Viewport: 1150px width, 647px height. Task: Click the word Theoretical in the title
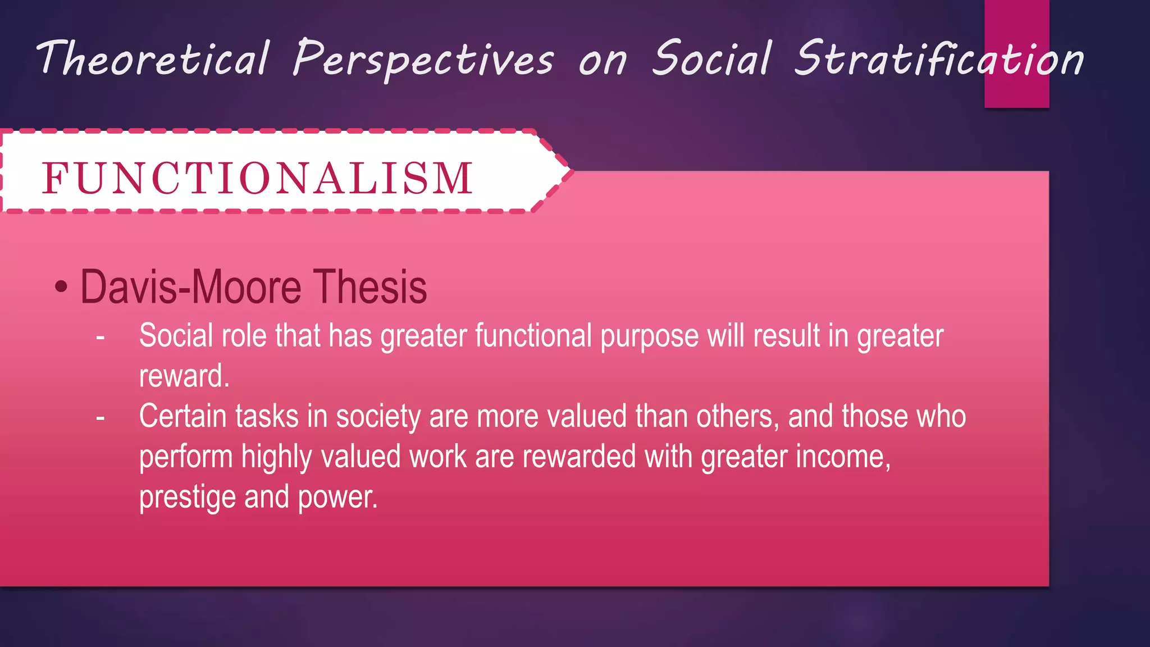(x=153, y=59)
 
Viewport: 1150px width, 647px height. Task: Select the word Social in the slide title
(x=711, y=58)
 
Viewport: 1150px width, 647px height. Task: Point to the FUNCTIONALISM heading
(x=257, y=179)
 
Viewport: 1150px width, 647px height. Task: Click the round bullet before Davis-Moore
(x=61, y=288)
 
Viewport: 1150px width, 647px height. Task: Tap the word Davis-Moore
(x=191, y=288)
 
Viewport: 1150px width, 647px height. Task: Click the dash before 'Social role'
(x=101, y=338)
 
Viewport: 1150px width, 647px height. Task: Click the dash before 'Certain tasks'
(x=101, y=418)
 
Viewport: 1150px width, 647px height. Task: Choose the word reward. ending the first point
(x=184, y=377)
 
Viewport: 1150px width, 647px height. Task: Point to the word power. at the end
(x=337, y=498)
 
